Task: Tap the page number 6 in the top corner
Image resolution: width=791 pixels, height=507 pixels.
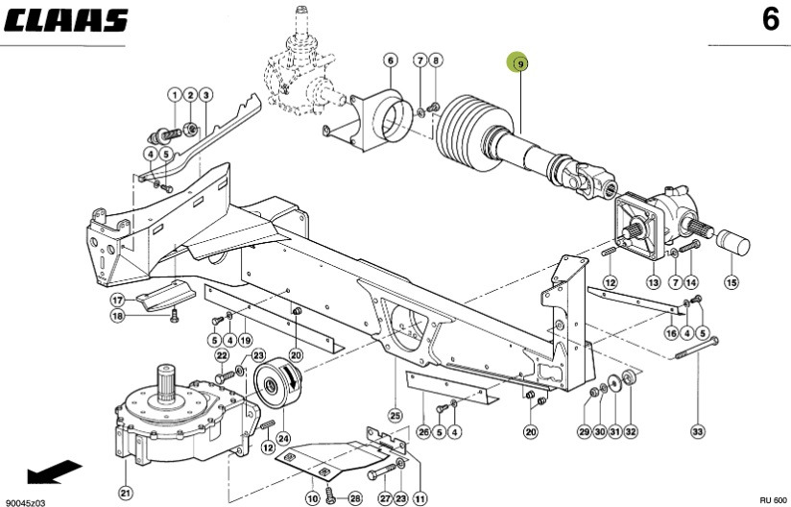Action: point(770,19)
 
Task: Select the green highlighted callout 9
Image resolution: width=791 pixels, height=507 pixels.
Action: point(519,62)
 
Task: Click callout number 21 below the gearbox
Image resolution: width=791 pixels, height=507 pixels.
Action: point(125,493)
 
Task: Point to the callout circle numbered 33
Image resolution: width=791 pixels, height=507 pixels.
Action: point(698,431)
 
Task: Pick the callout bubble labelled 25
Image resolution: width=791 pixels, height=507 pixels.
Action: point(395,415)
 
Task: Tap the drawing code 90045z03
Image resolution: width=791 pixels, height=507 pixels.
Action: point(25,501)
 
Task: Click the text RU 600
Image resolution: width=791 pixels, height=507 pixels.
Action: point(772,501)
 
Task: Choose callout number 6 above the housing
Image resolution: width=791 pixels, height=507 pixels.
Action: point(391,61)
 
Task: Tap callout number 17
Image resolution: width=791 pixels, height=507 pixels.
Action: point(116,300)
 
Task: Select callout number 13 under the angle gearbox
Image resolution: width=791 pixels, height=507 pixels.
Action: point(654,282)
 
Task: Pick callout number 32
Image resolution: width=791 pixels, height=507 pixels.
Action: point(631,431)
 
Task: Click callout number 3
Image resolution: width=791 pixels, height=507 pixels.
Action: point(206,94)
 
